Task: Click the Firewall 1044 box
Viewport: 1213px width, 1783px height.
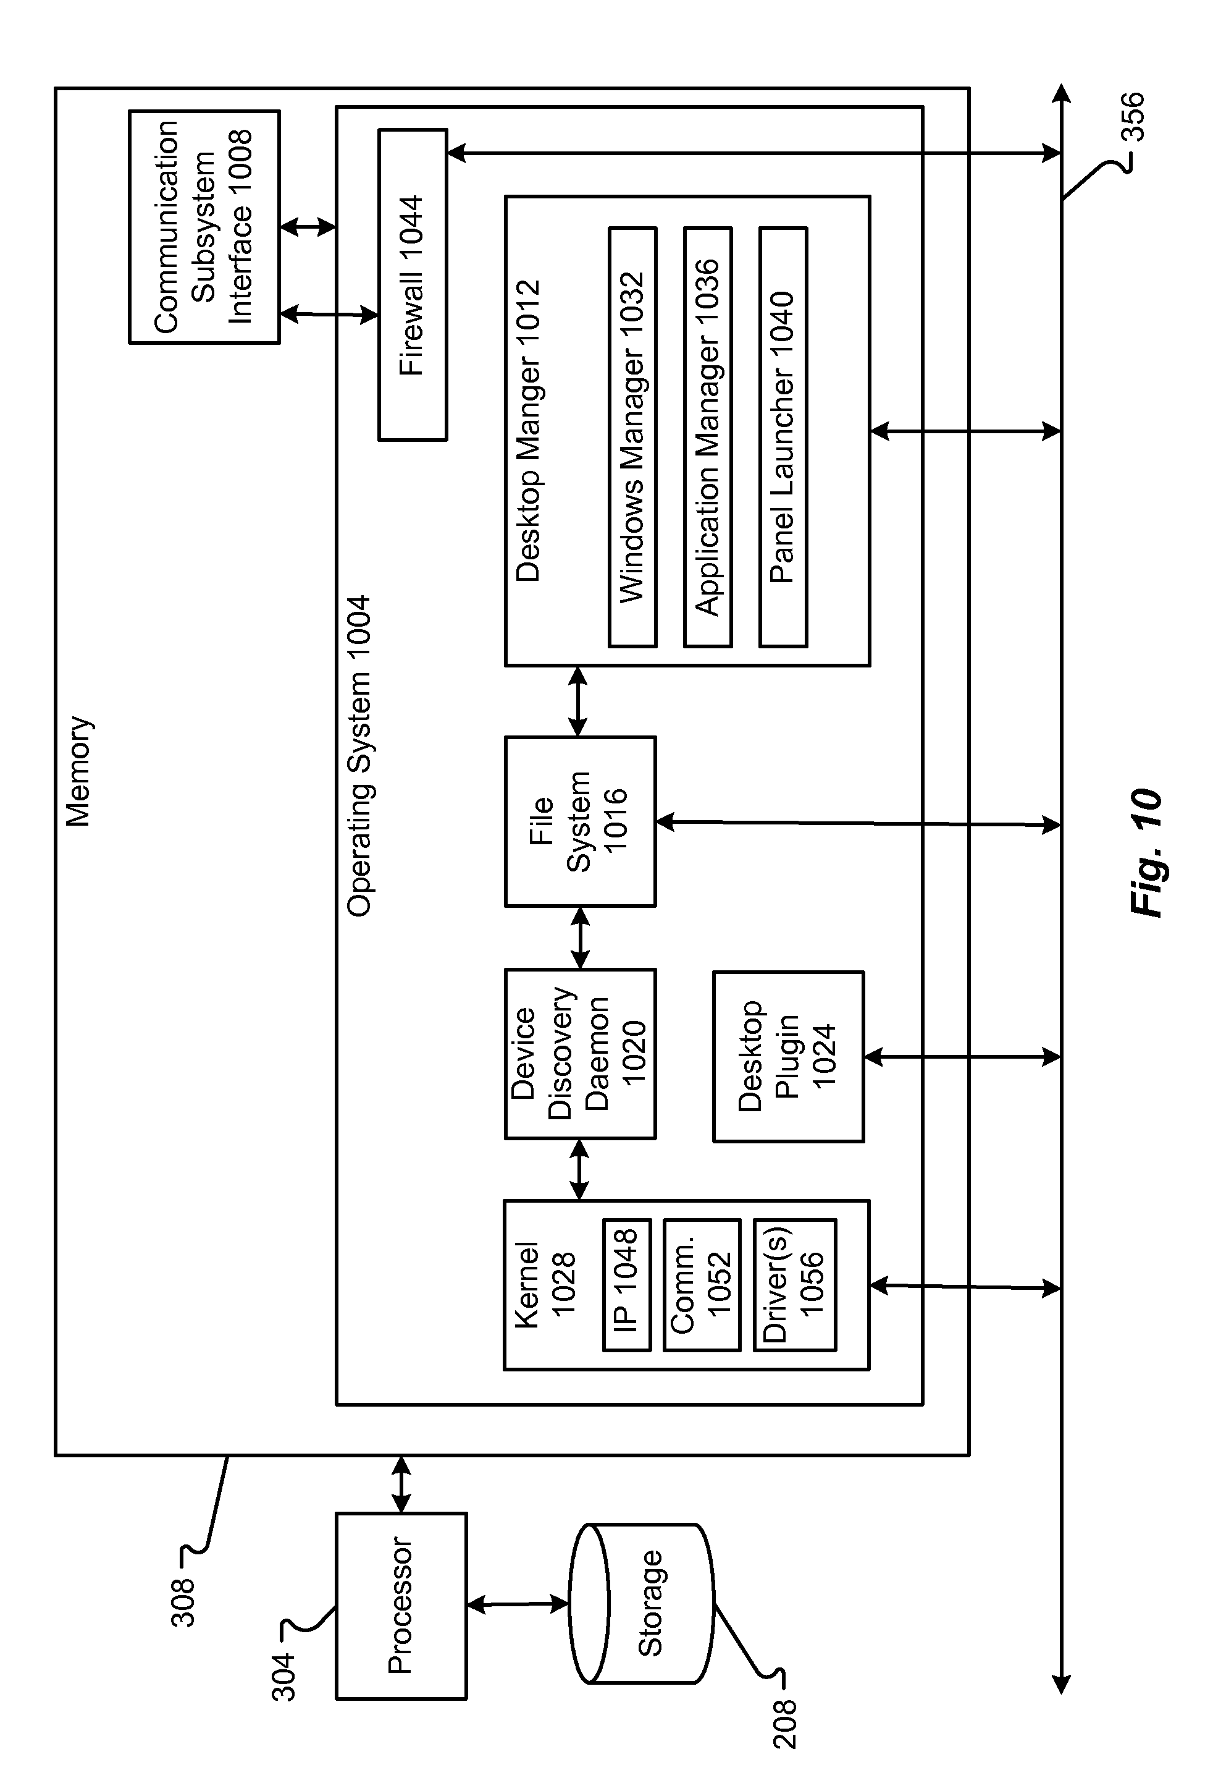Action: pyautogui.click(x=413, y=285)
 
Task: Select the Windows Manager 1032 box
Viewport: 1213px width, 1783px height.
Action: pyautogui.click(x=632, y=438)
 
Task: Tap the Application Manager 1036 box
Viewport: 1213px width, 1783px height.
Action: pyautogui.click(x=707, y=438)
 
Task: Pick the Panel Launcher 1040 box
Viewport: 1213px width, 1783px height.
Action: pyautogui.click(x=783, y=438)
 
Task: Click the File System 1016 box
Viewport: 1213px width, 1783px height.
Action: pyautogui.click(x=580, y=822)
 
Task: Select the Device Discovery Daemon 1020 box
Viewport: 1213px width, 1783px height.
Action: pyautogui.click(x=580, y=1054)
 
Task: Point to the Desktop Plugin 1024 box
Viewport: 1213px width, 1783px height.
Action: pyautogui.click(x=788, y=1057)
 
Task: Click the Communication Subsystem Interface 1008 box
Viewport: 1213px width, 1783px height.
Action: pyautogui.click(x=204, y=227)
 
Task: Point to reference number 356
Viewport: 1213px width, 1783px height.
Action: pyautogui.click(x=1133, y=117)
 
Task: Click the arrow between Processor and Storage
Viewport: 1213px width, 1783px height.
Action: pyautogui.click(x=518, y=1604)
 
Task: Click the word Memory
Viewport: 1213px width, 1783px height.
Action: pyautogui.click(x=79, y=771)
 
